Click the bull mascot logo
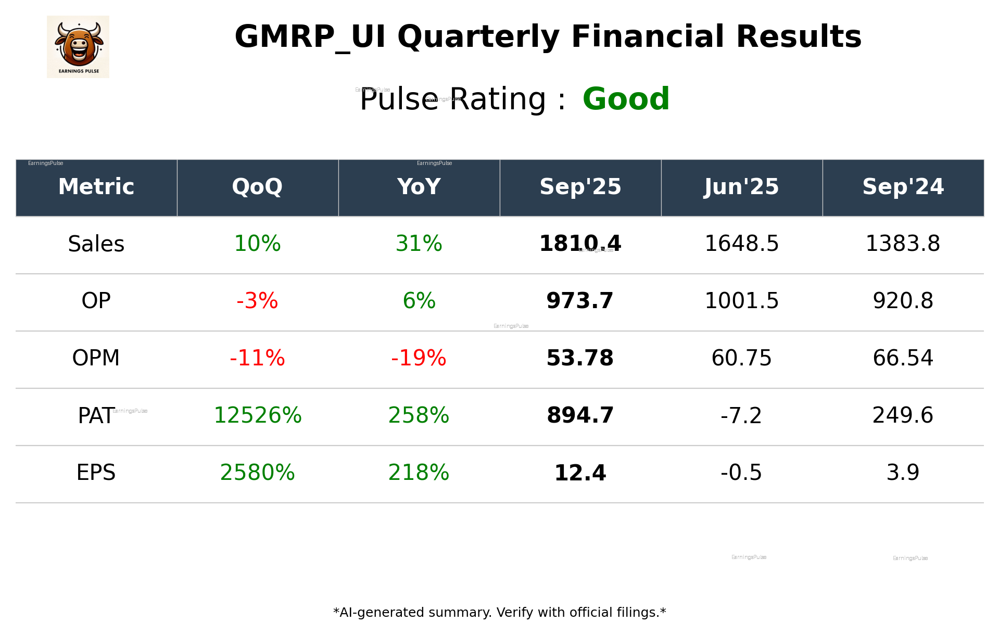[78, 47]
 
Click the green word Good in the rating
[625, 99]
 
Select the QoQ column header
[257, 187]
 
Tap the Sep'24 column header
[903, 187]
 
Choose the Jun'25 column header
[741, 187]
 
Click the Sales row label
[96, 244]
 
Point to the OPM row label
[96, 358]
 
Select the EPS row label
[96, 473]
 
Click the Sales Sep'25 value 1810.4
[580, 244]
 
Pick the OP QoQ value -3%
[257, 301]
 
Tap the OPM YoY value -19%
[419, 358]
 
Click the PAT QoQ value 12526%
[258, 415]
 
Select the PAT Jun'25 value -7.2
[741, 415]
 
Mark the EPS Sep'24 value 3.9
[903, 473]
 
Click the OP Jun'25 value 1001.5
[741, 301]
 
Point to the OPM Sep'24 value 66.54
[903, 358]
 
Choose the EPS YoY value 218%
[419, 473]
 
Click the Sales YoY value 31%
[419, 244]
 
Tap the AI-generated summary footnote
[499, 613]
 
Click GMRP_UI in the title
[310, 37]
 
